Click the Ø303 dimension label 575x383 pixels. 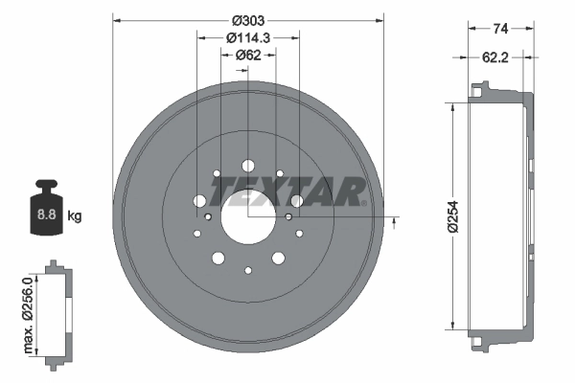click(248, 20)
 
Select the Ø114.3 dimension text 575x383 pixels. click(248, 37)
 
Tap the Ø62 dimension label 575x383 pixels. click(248, 55)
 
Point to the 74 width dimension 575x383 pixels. click(500, 28)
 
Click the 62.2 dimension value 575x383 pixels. click(495, 57)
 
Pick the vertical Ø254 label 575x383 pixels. click(453, 216)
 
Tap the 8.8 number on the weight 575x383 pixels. click(47, 214)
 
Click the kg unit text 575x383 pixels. click(75, 215)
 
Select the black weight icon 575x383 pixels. click(47, 207)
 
